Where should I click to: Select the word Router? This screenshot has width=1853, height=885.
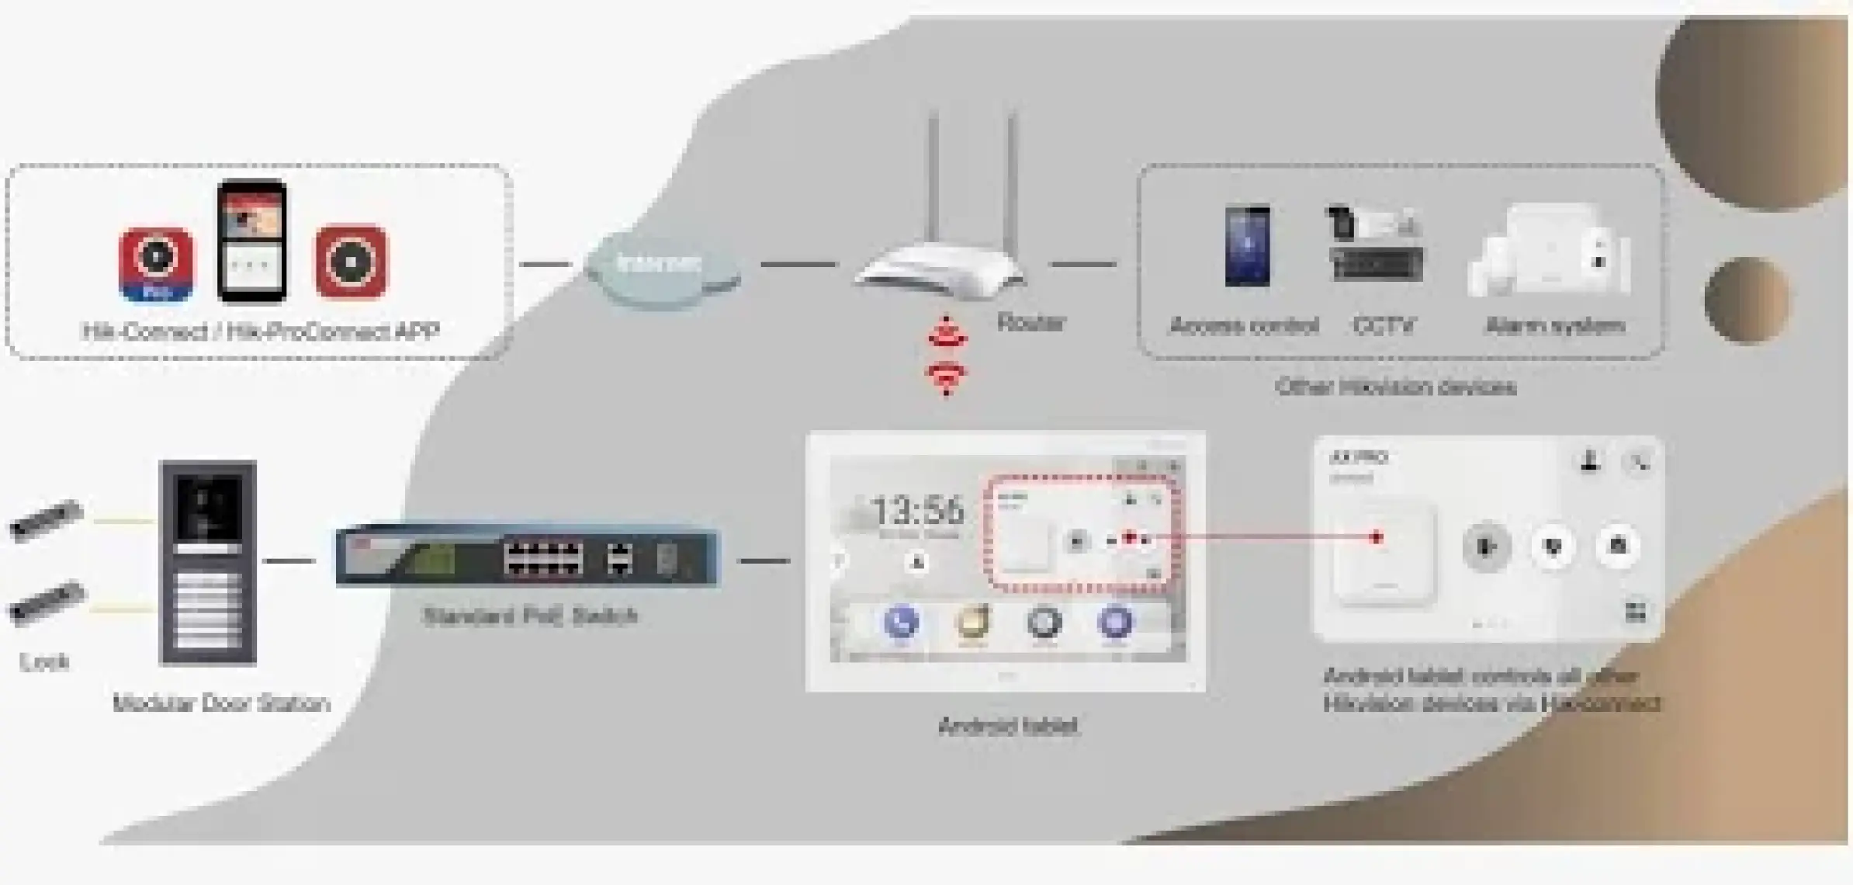coord(1030,322)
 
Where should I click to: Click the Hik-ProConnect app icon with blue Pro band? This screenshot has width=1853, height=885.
coord(157,264)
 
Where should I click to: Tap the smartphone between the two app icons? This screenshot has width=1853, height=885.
coord(251,241)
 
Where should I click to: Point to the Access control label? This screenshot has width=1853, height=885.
coord(1244,326)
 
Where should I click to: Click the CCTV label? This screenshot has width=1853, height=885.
coord(1384,326)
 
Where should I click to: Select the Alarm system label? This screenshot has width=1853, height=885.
coord(1555,326)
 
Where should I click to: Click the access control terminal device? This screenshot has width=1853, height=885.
coord(1247,245)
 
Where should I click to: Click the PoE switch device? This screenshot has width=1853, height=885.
coord(528,557)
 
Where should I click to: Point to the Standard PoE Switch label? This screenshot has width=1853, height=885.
coord(531,616)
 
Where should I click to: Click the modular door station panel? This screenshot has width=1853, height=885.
coord(208,562)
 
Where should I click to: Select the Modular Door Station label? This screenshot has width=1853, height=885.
coord(221,703)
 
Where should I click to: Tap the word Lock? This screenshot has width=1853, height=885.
coord(44,662)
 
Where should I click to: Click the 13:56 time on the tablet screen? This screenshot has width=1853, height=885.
coord(918,511)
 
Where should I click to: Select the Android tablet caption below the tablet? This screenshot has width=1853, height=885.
coord(1007,727)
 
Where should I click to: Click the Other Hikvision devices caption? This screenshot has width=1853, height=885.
coord(1396,387)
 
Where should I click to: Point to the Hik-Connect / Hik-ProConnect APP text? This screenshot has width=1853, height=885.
coord(261,332)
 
